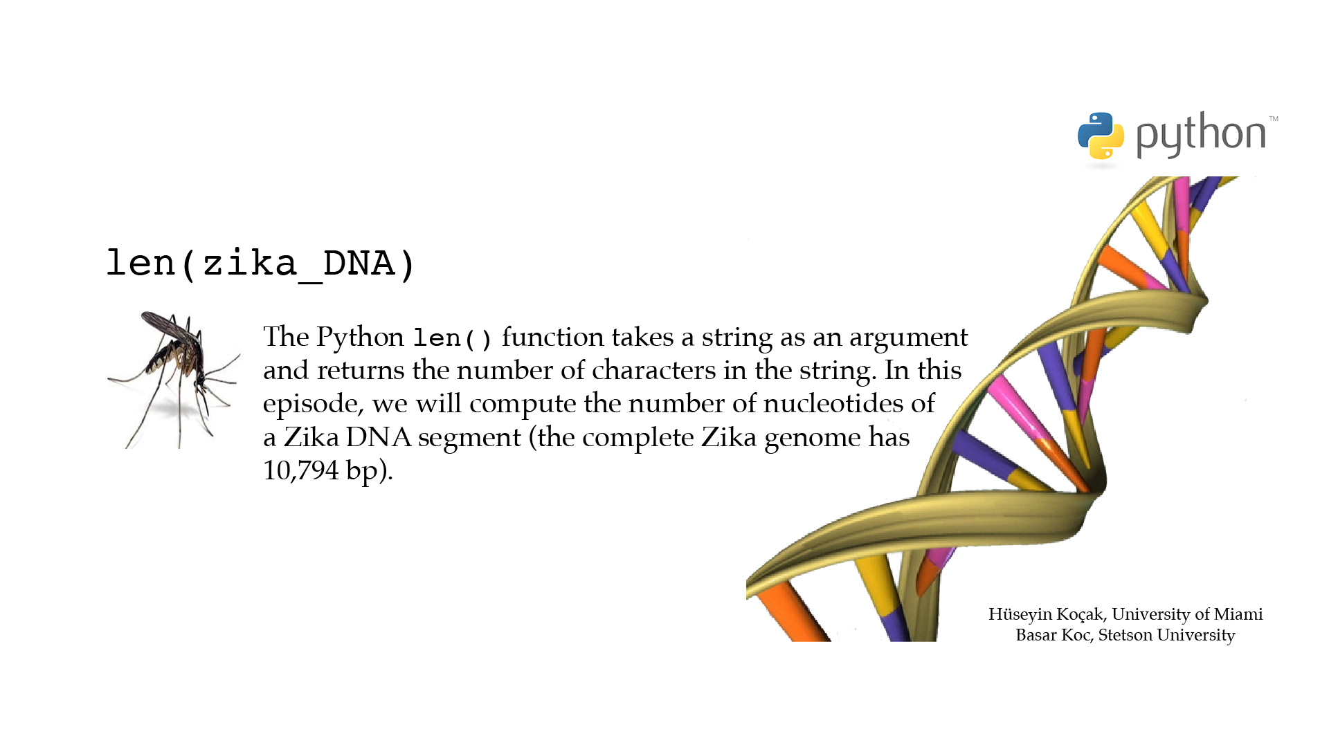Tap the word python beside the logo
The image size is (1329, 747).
pos(1201,135)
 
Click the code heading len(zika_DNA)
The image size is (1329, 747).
pos(260,264)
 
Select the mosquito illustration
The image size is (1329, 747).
pos(174,380)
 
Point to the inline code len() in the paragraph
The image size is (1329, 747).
pos(453,338)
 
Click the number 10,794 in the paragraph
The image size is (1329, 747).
pos(301,470)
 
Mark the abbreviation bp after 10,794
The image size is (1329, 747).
pos(362,472)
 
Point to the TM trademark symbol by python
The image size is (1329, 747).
pos(1274,119)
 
